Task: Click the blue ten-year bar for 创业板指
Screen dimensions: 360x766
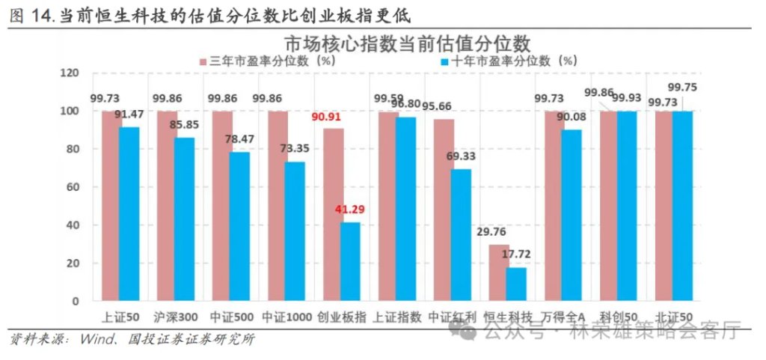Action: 349,261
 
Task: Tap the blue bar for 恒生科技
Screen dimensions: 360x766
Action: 515,284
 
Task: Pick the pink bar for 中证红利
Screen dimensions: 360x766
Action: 444,210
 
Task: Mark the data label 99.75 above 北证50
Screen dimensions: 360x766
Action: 682,87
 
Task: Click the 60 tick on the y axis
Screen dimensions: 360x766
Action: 72,187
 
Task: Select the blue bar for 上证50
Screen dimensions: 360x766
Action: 129,214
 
